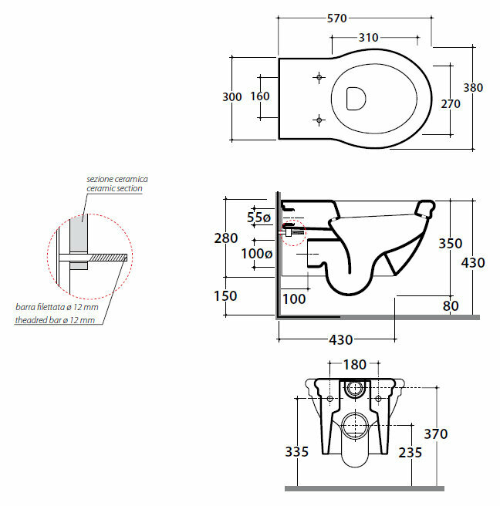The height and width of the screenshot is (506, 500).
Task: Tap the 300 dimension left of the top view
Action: (x=232, y=96)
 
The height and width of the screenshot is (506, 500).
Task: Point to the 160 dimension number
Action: (x=260, y=96)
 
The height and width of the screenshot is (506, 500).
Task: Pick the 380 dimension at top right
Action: (x=472, y=87)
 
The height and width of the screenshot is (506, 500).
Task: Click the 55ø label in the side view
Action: (x=260, y=217)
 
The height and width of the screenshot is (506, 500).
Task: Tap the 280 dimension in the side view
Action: (x=225, y=238)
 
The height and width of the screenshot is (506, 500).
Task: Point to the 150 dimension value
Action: (x=227, y=295)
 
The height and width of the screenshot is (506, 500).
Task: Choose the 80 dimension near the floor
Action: (x=451, y=306)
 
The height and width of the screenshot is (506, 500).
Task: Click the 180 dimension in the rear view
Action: (x=355, y=365)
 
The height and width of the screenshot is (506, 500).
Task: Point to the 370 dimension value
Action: (x=436, y=434)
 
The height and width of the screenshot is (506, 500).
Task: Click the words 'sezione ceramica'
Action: (x=117, y=179)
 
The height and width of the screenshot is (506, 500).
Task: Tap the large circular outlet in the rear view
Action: (x=355, y=423)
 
